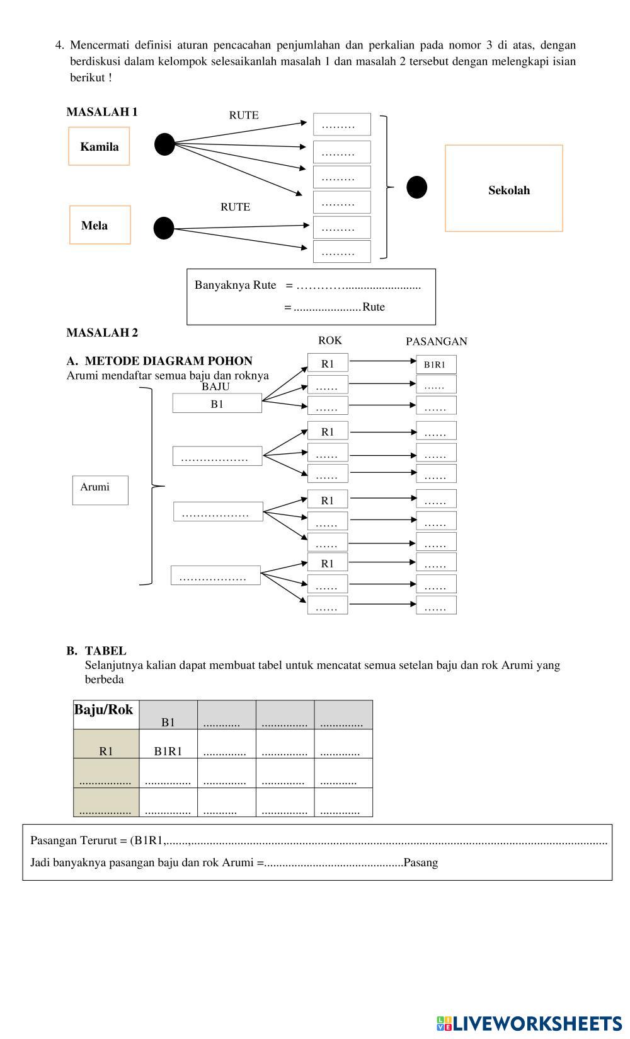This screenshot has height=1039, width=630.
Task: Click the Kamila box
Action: coord(99,146)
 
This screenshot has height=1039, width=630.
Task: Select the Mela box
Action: coord(100,225)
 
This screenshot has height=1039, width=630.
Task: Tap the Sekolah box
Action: coord(503,189)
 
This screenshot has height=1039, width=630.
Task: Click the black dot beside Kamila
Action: coord(164,144)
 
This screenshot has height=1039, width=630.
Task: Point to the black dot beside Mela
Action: coord(164,228)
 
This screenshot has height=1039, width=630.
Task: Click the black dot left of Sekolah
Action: coord(416,187)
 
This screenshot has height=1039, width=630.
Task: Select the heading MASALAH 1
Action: coord(102,112)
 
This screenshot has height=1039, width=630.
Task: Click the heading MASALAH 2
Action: coord(102,333)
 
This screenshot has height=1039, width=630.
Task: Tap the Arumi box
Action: coord(100,490)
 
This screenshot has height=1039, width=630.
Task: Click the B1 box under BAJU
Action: coord(217,404)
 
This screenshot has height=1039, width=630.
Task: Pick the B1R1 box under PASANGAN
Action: coord(435,364)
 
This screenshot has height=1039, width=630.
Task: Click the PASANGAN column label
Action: coord(436,342)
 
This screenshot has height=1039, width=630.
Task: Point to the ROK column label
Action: coord(329,340)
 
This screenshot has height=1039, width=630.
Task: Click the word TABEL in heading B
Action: coord(106,651)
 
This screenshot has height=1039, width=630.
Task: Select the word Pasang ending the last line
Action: coord(420,862)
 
